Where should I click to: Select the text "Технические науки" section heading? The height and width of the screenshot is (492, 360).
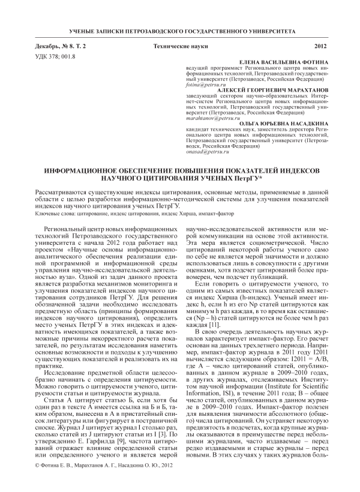(178, 46)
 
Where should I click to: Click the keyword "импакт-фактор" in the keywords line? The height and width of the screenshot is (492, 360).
(202, 214)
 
